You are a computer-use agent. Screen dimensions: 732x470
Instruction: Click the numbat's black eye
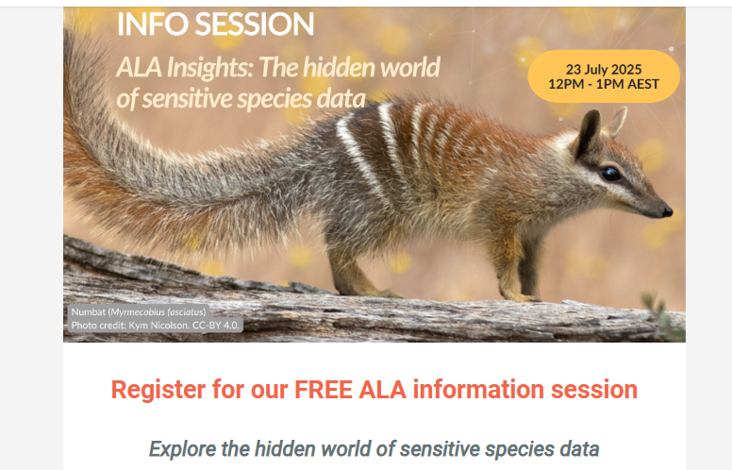[x=610, y=174]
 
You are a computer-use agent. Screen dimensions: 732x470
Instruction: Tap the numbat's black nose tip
[x=668, y=211]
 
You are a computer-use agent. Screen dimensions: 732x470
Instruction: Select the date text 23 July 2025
[x=604, y=69]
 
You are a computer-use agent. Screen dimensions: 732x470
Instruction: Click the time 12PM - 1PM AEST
[x=604, y=84]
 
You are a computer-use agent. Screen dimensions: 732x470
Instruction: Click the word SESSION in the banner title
[x=255, y=24]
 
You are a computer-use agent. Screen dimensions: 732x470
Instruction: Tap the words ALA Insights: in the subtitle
[x=185, y=68]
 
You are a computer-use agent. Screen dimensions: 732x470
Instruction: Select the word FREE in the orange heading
[x=323, y=390]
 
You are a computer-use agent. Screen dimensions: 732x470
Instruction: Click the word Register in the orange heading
[x=158, y=391]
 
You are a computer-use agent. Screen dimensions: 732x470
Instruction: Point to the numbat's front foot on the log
[x=521, y=296]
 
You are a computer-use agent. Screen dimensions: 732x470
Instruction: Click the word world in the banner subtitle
[x=410, y=67]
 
